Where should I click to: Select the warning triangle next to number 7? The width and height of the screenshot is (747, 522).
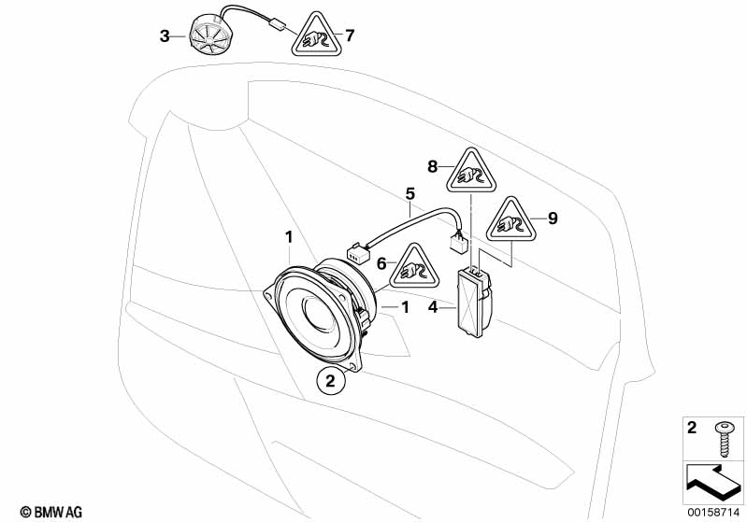click(315, 36)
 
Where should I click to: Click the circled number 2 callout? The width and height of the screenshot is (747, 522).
click(328, 380)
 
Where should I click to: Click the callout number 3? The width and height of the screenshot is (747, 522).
click(165, 36)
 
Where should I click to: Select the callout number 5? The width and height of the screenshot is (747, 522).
click(409, 194)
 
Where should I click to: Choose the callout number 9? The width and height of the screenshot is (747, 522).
click(553, 219)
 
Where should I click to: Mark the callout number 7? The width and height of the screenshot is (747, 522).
click(350, 36)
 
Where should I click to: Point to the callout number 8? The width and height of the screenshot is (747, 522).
click(432, 166)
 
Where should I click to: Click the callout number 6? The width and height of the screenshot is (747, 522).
click(381, 265)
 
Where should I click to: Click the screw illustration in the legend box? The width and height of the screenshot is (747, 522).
click(723, 432)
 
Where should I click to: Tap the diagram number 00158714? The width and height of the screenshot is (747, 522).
click(714, 512)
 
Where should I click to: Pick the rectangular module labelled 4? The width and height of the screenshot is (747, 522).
click(474, 299)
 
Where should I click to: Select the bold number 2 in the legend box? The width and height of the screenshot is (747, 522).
click(692, 429)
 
